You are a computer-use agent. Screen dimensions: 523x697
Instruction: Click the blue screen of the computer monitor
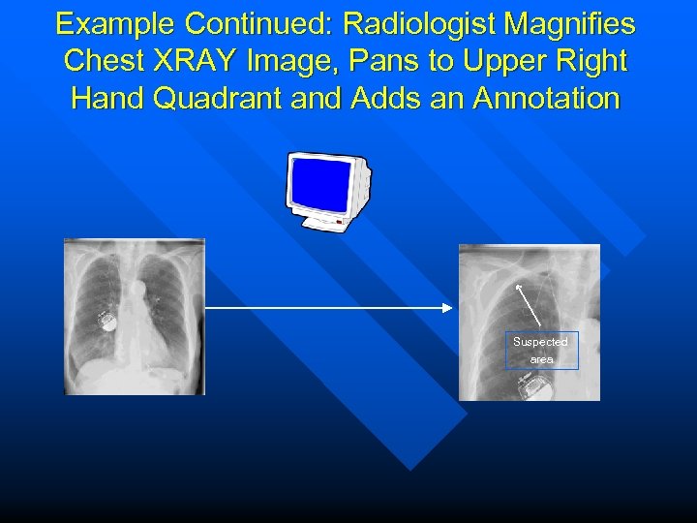pos(318,182)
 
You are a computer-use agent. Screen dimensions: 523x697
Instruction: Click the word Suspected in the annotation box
pos(540,342)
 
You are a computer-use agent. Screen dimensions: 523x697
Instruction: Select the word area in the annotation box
pos(541,359)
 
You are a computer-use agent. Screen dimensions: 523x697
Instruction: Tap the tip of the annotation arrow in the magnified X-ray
pos(519,287)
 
